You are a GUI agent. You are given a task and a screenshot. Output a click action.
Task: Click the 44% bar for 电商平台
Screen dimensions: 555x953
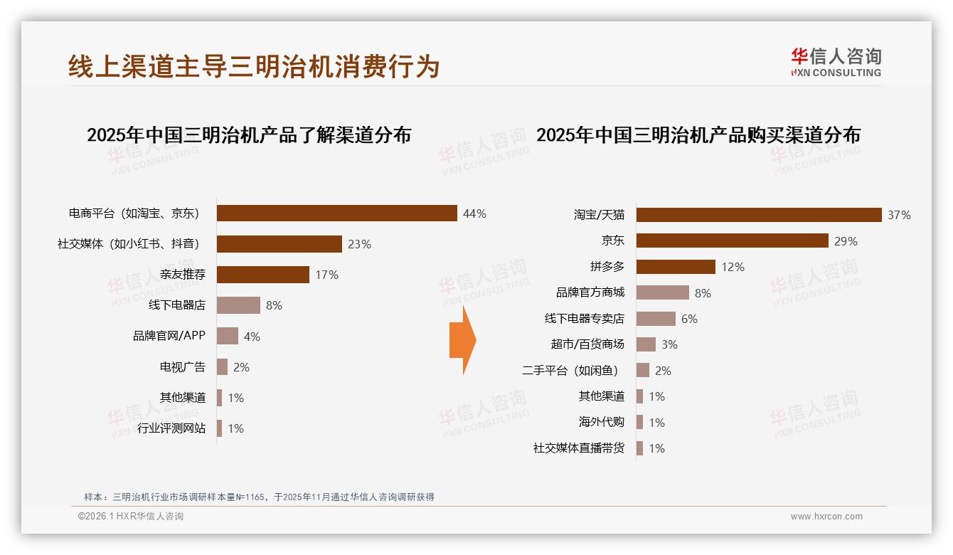(336, 213)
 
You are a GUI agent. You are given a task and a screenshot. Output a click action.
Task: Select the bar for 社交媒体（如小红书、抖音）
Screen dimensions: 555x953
(279, 244)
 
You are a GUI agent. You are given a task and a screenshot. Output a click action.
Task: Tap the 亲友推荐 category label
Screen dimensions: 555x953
(183, 275)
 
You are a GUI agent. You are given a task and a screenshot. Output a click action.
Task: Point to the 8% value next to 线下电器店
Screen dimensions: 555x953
(274, 305)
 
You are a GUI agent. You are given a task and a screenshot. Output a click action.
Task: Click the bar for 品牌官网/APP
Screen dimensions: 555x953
(227, 336)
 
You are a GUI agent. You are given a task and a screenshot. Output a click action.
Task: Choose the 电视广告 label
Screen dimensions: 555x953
(183, 367)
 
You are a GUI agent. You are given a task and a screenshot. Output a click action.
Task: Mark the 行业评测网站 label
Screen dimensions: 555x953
(171, 428)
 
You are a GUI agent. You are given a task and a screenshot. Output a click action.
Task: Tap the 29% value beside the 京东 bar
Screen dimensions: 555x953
(846, 241)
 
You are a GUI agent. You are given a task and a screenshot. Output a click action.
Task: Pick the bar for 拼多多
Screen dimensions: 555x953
(676, 267)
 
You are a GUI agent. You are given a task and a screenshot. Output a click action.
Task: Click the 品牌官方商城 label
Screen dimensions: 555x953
(590, 292)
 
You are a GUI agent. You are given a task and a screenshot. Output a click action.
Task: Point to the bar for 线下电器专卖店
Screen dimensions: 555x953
(656, 319)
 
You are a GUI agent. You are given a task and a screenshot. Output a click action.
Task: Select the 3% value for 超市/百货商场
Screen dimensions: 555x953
(669, 344)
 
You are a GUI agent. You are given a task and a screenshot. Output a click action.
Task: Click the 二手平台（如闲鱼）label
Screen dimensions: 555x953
(570, 371)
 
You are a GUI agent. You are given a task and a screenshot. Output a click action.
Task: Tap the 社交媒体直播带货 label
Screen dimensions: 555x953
(579, 448)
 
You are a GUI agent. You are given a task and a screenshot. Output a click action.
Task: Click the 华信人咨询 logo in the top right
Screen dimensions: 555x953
(836, 63)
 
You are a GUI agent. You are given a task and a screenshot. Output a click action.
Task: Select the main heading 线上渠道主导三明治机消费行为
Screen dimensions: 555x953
(254, 66)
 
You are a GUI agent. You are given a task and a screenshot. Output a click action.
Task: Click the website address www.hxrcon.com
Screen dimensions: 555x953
(826, 517)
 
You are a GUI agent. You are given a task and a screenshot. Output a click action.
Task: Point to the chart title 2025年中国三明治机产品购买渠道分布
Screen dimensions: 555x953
(698, 135)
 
